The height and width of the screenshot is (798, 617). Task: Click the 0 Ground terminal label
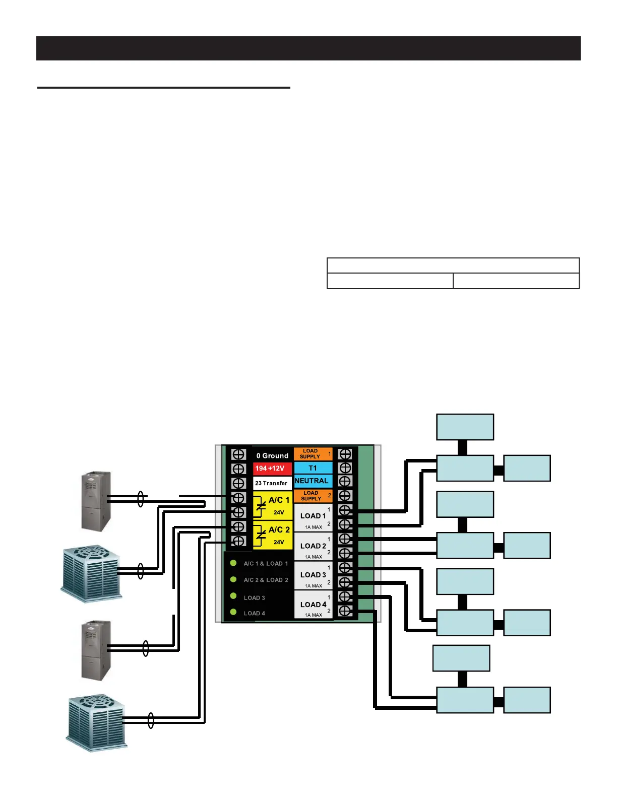pos(272,455)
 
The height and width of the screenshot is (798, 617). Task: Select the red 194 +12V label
pos(272,469)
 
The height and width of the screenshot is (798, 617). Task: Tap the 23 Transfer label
pos(272,483)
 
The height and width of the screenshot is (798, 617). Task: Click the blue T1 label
pos(313,468)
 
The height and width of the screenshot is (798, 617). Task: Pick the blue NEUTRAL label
pos(312,481)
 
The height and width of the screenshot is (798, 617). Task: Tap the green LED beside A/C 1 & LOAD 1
pos(233,563)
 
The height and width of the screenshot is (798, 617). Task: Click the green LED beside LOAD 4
pos(233,612)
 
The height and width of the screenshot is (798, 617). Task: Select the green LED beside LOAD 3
pos(233,596)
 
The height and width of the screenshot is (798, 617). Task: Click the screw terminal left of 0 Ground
pos(238,454)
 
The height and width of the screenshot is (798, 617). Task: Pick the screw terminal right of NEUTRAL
pos(345,482)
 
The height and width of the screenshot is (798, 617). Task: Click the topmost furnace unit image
pos(96,501)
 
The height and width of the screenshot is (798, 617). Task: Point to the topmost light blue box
pos(465,427)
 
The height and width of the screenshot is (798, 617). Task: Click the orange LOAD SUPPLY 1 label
pos(313,454)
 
